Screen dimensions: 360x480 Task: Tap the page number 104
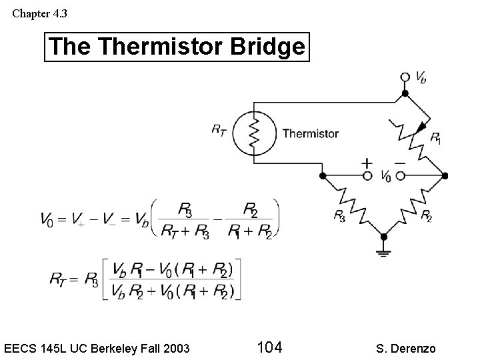point(269,347)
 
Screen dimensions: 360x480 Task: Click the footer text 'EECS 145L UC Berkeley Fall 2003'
point(97,348)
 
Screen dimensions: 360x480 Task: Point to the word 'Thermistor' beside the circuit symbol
point(310,133)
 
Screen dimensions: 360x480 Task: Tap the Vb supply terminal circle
point(405,77)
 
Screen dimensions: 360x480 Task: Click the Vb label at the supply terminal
point(421,78)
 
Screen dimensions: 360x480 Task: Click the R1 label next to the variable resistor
point(435,138)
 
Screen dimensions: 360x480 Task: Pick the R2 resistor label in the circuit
point(426,215)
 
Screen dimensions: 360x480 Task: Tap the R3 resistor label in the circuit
point(339,215)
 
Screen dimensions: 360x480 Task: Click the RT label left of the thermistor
point(218,129)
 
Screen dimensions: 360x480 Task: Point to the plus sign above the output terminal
point(367,163)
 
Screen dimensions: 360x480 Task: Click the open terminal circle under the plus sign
point(367,176)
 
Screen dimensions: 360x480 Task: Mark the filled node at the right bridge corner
point(445,176)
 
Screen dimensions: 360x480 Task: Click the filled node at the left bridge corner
point(323,176)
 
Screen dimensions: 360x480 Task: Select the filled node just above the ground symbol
point(383,236)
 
